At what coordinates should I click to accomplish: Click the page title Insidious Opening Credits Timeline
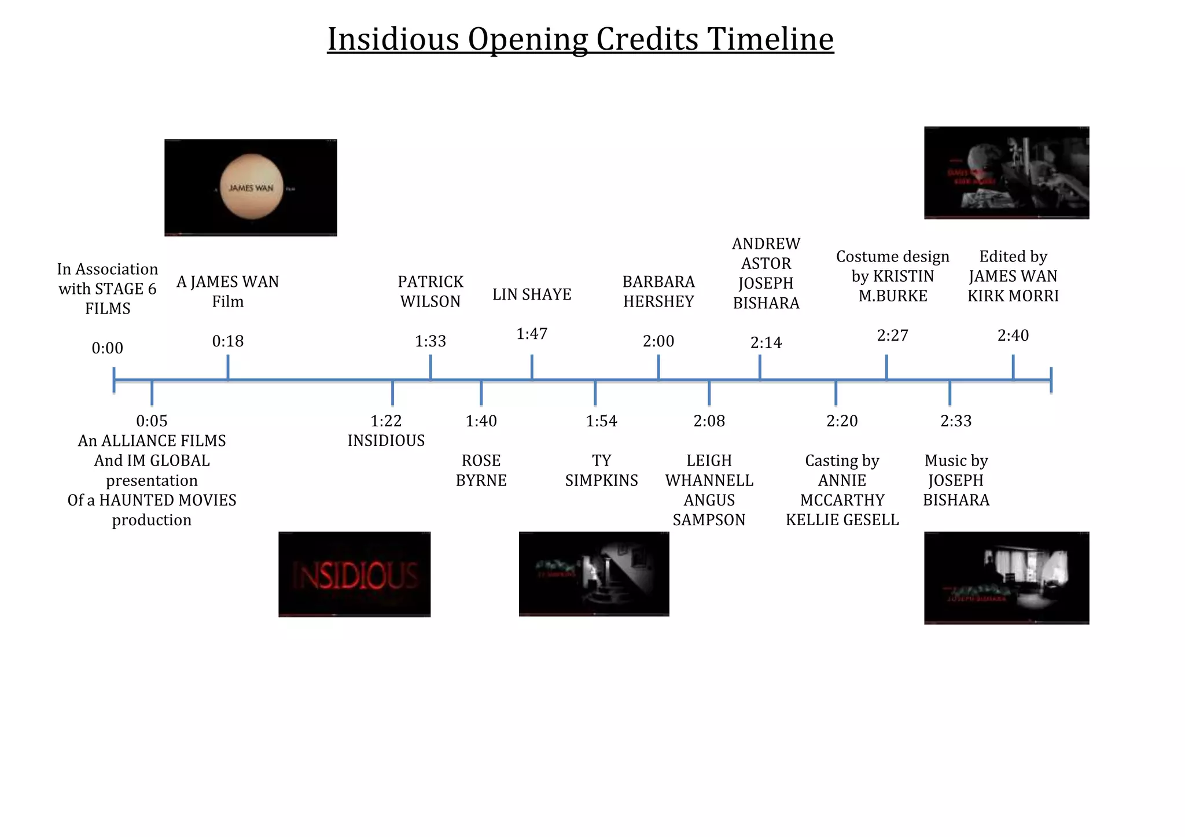pyautogui.click(x=580, y=39)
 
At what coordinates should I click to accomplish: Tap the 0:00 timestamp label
pyautogui.click(x=108, y=348)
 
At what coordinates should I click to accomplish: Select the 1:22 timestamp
pyautogui.click(x=386, y=421)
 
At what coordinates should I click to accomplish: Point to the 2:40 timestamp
pyautogui.click(x=1013, y=335)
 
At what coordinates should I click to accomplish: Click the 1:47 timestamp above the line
pyautogui.click(x=532, y=334)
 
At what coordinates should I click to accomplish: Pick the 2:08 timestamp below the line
pyautogui.click(x=709, y=421)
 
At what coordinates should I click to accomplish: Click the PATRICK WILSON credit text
pyautogui.click(x=430, y=292)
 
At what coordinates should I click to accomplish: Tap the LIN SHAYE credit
pyautogui.click(x=532, y=294)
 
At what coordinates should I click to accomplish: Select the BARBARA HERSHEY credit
pyautogui.click(x=658, y=292)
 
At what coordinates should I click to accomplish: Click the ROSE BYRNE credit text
pyautogui.click(x=481, y=470)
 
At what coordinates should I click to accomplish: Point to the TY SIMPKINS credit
pyautogui.click(x=601, y=470)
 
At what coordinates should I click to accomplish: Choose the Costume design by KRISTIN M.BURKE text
pyautogui.click(x=892, y=276)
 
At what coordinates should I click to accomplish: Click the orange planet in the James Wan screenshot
pyautogui.click(x=252, y=187)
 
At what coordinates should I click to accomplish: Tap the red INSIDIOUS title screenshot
pyautogui.click(x=354, y=574)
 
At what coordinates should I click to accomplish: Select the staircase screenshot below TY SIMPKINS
pyautogui.click(x=594, y=574)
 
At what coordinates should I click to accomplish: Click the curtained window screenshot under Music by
pyautogui.click(x=1006, y=577)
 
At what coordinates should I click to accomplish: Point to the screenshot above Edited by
pyautogui.click(x=1006, y=172)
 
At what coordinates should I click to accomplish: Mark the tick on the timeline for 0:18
pyautogui.click(x=228, y=367)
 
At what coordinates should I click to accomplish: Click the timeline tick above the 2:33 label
pyautogui.click(x=950, y=393)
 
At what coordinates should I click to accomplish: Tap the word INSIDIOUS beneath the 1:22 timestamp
pyautogui.click(x=386, y=441)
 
